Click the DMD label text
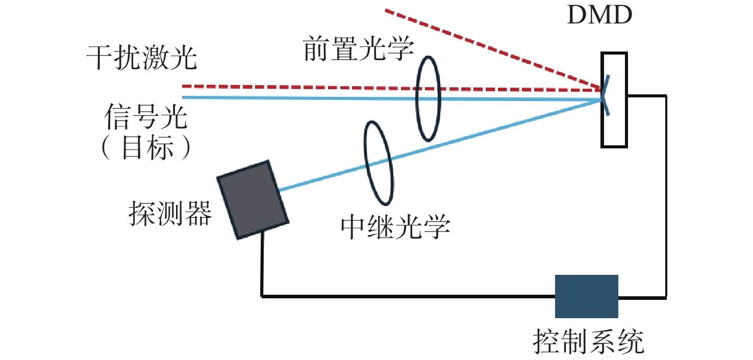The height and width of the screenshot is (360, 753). [599, 17]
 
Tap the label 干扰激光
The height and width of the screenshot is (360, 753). [142, 58]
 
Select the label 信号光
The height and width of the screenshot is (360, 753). [146, 118]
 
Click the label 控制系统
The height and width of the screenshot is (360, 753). [588, 342]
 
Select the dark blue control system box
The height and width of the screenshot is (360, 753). [586, 296]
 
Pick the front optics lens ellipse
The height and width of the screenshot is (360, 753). [428, 98]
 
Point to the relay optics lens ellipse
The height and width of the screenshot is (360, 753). [378, 162]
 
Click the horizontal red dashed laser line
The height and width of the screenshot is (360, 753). [306, 87]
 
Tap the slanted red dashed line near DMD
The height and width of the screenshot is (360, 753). [490, 48]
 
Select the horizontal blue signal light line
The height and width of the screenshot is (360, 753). [306, 97]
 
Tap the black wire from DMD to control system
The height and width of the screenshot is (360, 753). [665, 204]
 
